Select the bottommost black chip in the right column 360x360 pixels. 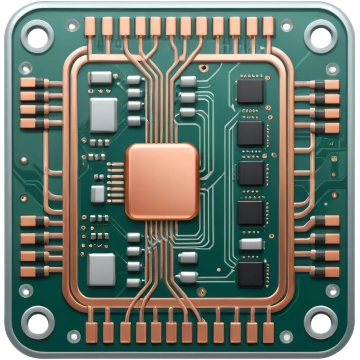251,274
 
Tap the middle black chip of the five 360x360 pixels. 251,173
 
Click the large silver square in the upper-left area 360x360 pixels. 103,114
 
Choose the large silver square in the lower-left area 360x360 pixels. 102,270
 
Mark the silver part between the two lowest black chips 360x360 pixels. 251,244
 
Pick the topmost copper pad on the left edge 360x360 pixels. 29,83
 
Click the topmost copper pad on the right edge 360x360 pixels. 330,85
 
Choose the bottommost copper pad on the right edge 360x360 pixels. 330,271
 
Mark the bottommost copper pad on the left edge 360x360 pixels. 29,271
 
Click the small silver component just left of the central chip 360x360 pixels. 98,194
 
